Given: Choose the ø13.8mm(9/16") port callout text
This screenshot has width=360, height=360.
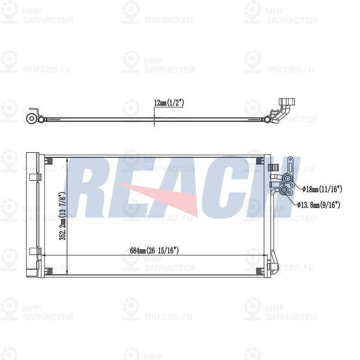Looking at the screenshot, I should tap(318, 204).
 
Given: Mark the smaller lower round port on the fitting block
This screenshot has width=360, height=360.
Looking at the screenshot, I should tap(284, 192).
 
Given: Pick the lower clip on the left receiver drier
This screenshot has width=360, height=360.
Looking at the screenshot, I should tap(33, 252).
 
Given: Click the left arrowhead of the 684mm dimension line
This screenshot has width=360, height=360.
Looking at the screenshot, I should tap(45, 255).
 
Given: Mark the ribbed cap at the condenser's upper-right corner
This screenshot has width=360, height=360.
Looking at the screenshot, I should tap(273, 169).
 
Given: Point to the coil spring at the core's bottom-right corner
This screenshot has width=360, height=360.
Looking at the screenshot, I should tap(260, 270).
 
